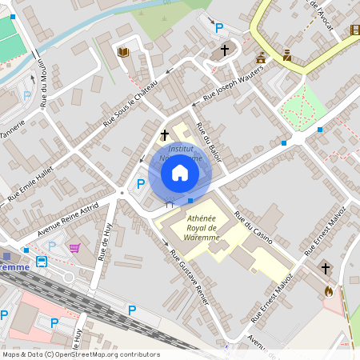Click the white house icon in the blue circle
coord(180,173)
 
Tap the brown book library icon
coord(122,52)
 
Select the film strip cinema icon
coord(354,30)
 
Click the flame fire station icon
coord(328,291)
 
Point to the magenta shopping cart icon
coord(75,249)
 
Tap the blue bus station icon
coord(42,261)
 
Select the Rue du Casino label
coord(254,228)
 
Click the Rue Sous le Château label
coord(130,107)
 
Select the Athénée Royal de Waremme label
coord(201,227)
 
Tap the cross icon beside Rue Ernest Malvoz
coord(325,267)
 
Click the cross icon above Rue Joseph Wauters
coord(225,50)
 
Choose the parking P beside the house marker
coord(141,184)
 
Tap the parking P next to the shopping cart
coord(53,246)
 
